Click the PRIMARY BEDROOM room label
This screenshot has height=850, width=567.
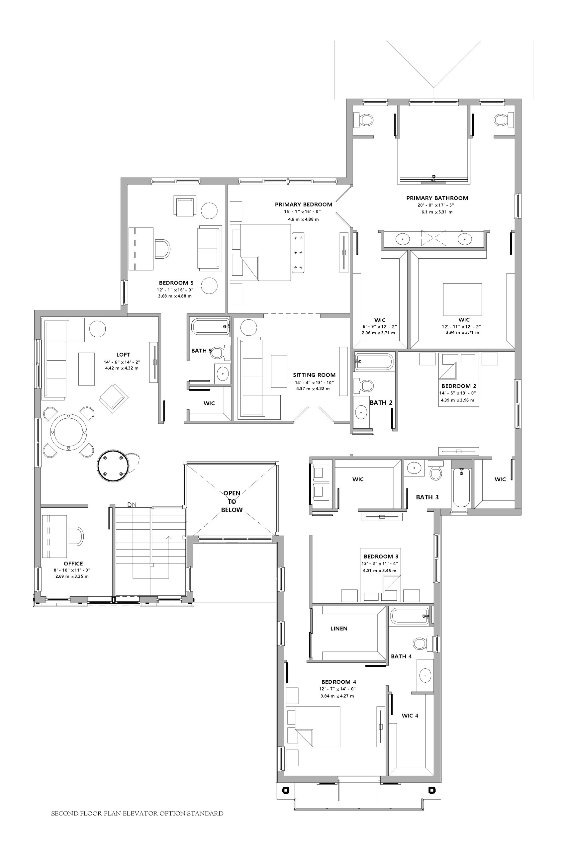pos(303,205)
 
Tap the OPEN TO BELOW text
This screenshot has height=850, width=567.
pos(232,501)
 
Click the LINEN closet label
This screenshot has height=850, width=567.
pos(339,629)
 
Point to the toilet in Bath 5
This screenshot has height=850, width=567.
pos(221,352)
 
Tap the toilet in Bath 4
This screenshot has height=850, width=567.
pos(424,643)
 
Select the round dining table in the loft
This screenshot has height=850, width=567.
pos(68,432)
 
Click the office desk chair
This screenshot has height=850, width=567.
pos(76,536)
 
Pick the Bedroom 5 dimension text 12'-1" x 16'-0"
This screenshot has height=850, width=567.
pos(175,290)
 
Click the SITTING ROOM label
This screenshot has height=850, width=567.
pos(314,375)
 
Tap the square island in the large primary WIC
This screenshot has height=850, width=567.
pos(462,299)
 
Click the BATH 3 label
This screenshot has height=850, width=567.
pos(427,497)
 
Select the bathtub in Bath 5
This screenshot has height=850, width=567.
pos(211,326)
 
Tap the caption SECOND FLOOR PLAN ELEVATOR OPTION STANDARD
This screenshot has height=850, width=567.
pos(138,813)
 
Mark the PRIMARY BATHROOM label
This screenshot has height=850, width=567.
pos(437,198)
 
